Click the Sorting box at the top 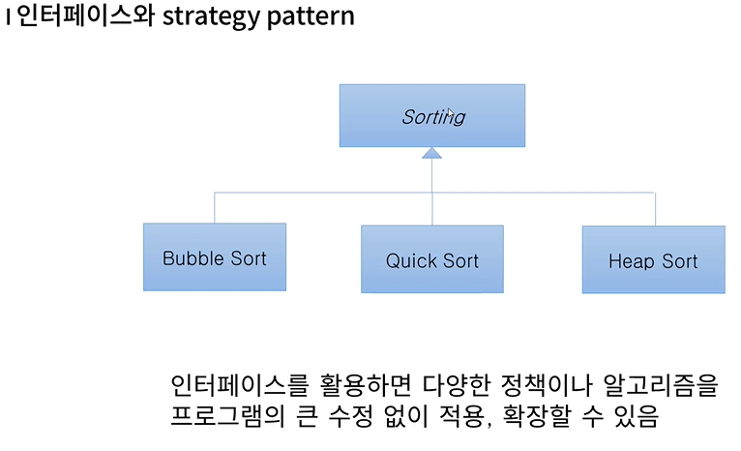pyautogui.click(x=431, y=115)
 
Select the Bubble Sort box pyautogui.click(x=215, y=257)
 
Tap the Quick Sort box pyautogui.click(x=432, y=259)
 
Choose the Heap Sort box pyautogui.click(x=653, y=260)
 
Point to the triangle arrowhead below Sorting pyautogui.click(x=432, y=154)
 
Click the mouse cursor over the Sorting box pyautogui.click(x=451, y=114)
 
